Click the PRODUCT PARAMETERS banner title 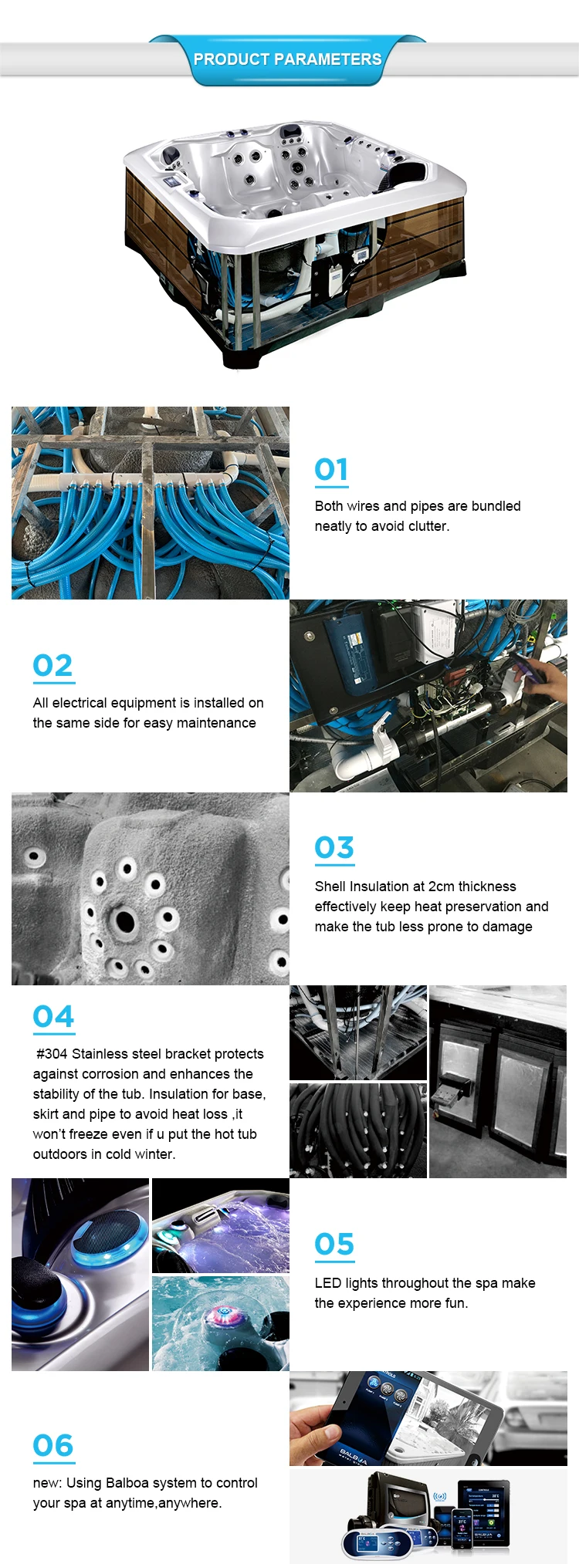(287, 59)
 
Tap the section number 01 (331, 469)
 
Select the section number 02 (53, 665)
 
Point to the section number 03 (334, 847)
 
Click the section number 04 (54, 1017)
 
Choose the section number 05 (334, 1244)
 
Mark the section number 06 (53, 1445)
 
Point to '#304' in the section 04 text (52, 1054)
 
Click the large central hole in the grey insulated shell (124, 920)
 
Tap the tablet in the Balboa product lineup (483, 1513)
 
